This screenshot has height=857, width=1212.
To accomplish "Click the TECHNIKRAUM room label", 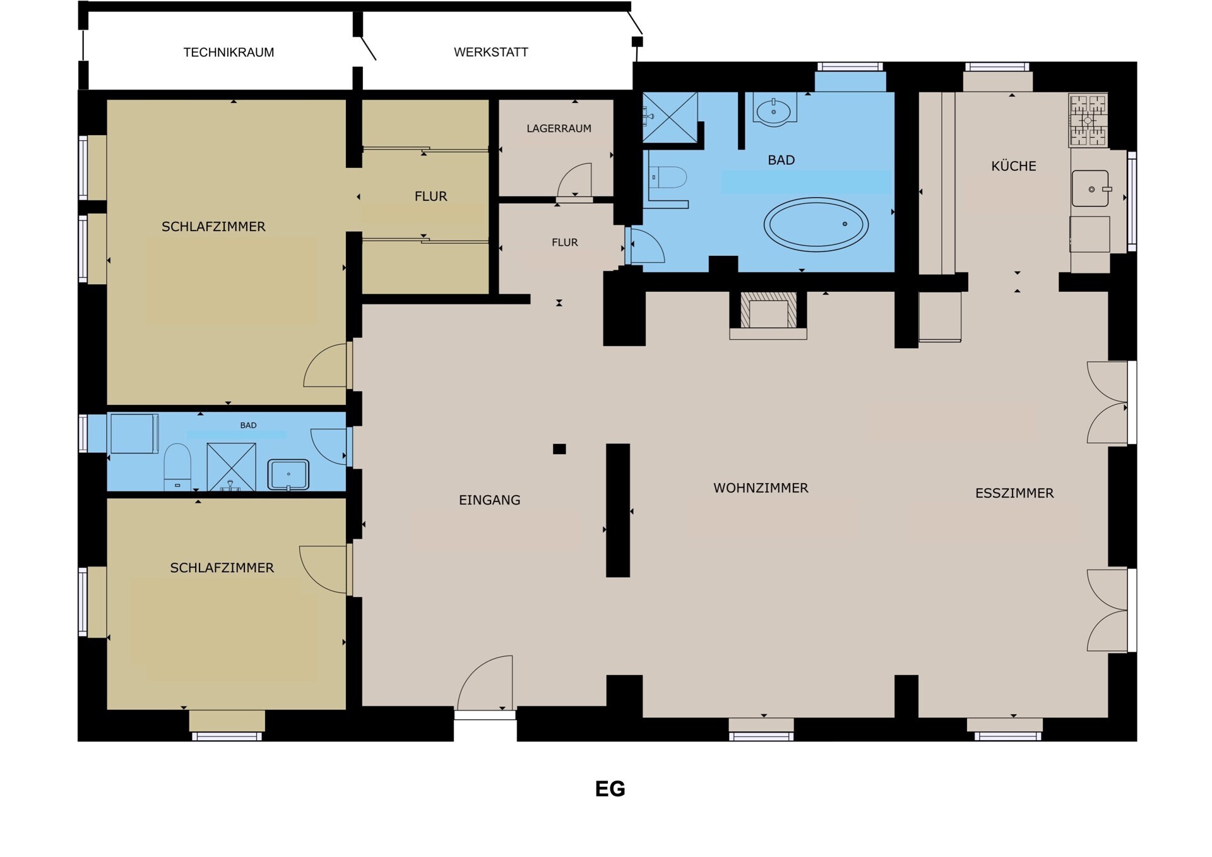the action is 229,52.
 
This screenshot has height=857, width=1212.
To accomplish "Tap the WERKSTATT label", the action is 491,52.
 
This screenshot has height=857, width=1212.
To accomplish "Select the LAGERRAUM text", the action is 559,129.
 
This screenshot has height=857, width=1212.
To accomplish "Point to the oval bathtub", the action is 816,224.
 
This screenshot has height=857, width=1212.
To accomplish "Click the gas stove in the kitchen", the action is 1088,120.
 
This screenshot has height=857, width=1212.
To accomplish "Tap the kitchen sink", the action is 1090,188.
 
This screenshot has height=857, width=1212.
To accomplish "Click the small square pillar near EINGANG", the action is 559,449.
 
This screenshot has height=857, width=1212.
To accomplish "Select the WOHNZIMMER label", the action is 761,488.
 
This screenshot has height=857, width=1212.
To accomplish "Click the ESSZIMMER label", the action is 1014,493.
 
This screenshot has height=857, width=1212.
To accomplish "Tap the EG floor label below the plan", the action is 610,789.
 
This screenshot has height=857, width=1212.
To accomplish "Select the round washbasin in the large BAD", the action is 774,111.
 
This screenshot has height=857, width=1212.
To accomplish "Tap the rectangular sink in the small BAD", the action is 288,474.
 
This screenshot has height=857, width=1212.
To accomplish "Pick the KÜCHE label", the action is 1014,166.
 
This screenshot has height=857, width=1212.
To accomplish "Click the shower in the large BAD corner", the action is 670,117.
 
